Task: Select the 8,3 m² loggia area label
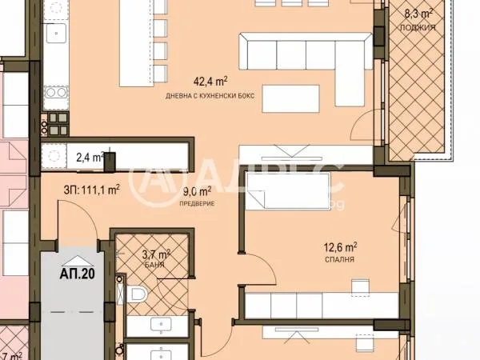tap(418, 14)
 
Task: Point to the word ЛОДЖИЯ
tap(419, 26)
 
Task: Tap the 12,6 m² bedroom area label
tap(340, 247)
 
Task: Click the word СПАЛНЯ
tap(340, 260)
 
